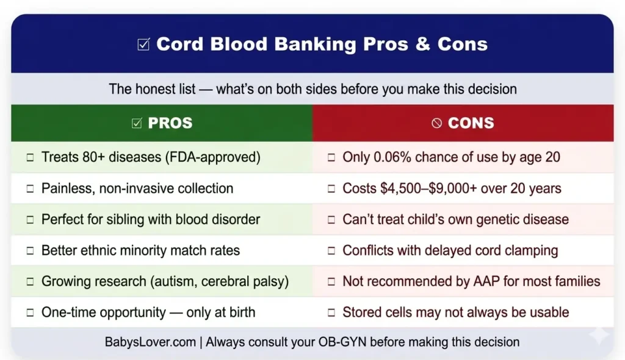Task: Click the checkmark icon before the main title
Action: click(x=143, y=45)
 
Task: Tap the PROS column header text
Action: click(x=170, y=123)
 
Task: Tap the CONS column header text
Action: click(x=471, y=123)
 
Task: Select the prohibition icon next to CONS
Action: click(x=436, y=123)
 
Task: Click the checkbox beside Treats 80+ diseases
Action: click(x=30, y=157)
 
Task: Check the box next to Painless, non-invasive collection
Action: click(x=30, y=189)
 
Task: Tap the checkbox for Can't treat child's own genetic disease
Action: click(x=331, y=219)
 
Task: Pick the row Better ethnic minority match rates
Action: click(x=140, y=250)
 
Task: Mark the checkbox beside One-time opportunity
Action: click(x=30, y=313)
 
